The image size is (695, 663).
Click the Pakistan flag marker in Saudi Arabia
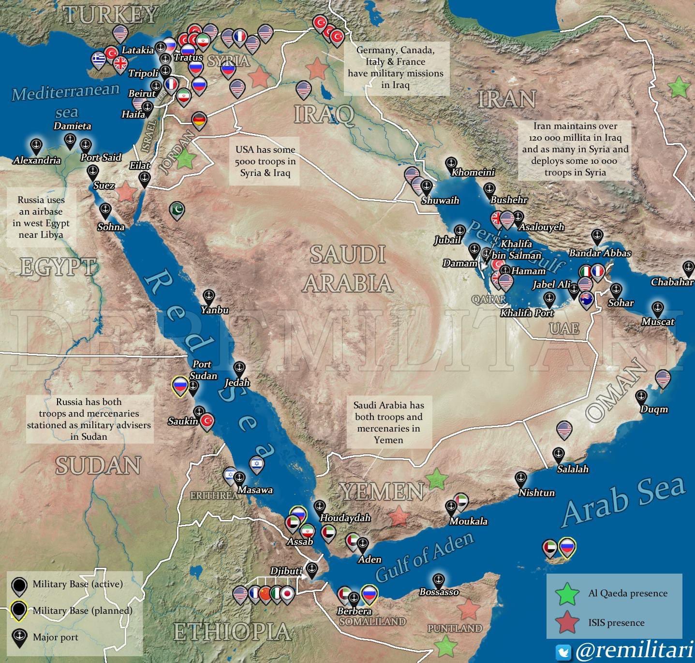177,210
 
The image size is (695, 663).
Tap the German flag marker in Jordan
199,120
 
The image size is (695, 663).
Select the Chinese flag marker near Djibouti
265,594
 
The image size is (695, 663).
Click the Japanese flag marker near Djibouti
288,594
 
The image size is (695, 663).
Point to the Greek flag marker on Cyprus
99,59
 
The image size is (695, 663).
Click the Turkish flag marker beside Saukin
207,421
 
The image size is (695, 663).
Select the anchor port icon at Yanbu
208,296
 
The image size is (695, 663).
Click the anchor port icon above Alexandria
35,145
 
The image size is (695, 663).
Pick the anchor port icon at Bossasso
438,580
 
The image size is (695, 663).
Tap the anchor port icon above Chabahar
688,267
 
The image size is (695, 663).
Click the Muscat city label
658,322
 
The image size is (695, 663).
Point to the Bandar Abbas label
600,253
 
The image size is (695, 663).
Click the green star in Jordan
184,159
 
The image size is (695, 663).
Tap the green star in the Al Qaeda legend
567,593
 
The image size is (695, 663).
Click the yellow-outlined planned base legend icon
19,610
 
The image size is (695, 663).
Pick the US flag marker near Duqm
663,378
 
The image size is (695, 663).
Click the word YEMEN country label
382,492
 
